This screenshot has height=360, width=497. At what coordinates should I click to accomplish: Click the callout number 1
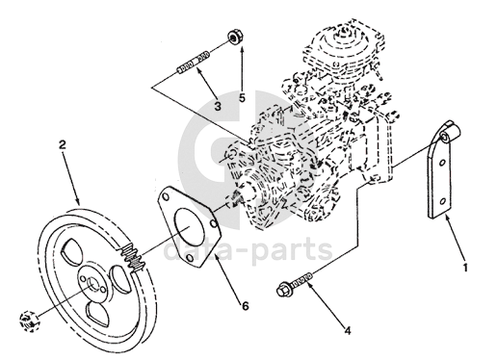465,268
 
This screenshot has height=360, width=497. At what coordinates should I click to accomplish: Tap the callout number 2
62,145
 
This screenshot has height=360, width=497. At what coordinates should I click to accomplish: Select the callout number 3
218,106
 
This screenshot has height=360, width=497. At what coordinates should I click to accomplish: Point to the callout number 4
348,330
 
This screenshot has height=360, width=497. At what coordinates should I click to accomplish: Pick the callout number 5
242,98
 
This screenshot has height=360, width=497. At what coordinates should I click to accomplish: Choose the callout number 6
246,306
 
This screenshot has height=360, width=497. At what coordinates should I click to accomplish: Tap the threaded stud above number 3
194,62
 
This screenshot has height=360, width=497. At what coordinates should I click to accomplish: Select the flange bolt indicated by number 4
294,283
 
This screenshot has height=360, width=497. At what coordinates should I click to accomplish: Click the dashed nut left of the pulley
28,321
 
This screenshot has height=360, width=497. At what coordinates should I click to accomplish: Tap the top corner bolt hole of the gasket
166,196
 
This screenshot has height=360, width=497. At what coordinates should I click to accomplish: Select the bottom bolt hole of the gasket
190,258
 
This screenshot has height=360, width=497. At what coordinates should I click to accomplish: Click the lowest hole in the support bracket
443,201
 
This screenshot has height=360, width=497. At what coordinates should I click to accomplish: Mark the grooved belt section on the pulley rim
134,258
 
